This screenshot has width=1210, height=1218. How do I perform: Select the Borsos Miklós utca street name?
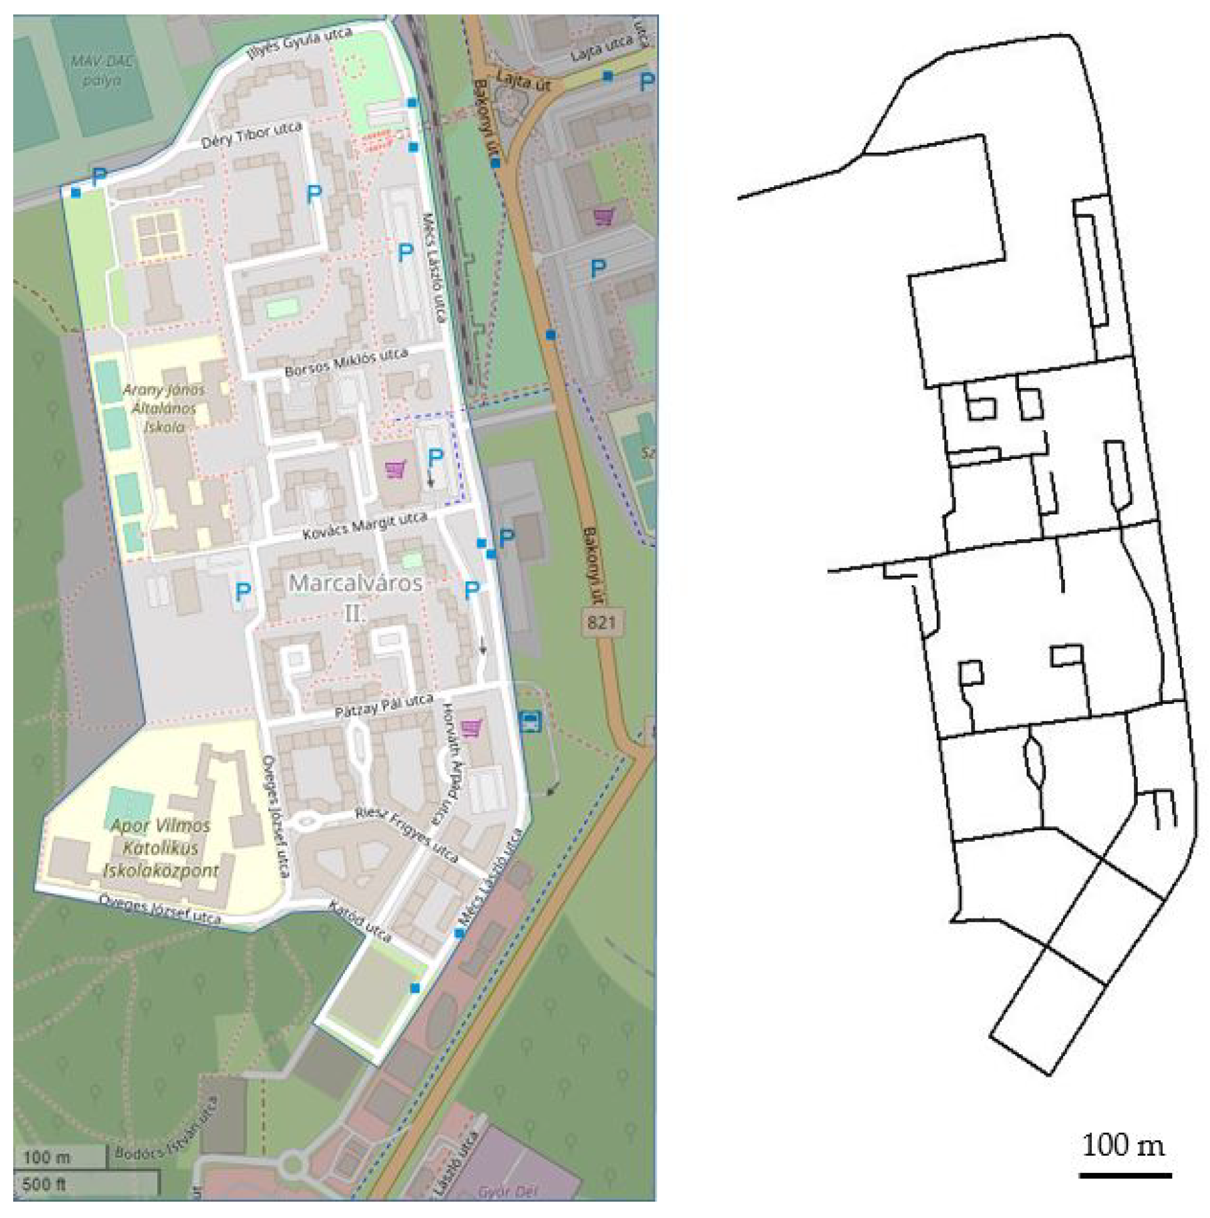click(346, 363)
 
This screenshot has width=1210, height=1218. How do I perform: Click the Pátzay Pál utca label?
click(384, 706)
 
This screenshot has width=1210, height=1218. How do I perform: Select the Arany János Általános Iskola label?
click(163, 408)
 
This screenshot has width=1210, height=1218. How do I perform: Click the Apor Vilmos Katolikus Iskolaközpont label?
click(161, 848)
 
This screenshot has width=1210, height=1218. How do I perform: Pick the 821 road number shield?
click(601, 622)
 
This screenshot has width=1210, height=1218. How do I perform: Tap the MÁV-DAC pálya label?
click(101, 70)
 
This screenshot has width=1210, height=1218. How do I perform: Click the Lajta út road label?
click(523, 81)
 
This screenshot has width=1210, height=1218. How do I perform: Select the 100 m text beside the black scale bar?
click(1123, 1145)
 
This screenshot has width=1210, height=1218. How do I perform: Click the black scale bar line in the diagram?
click(1125, 1175)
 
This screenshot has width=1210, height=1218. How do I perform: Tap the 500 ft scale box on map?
click(44, 1183)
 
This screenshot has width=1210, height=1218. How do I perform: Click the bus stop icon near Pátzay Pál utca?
click(530, 721)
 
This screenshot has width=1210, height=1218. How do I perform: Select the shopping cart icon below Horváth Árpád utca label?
click(471, 729)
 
